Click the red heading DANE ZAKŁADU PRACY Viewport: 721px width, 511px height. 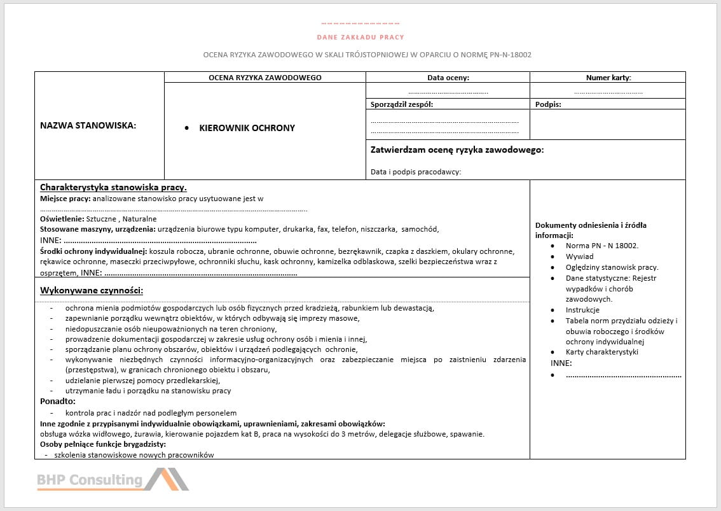pyautogui.click(x=360, y=38)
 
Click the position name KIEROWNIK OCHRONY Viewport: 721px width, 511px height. pyautogui.click(x=247, y=128)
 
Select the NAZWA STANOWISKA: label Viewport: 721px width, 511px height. pyautogui.click(x=88, y=125)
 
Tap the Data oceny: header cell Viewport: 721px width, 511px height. pyautogui.click(x=448, y=78)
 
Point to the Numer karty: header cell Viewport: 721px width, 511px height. pyautogui.click(x=608, y=78)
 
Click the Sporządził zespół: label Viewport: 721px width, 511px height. pyautogui.click(x=401, y=104)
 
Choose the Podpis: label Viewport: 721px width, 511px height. pyautogui.click(x=548, y=104)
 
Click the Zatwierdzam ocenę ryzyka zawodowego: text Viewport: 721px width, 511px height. pyautogui.click(x=457, y=150)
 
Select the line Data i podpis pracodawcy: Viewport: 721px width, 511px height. pyautogui.click(x=415, y=172)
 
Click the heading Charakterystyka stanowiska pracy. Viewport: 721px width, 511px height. pyautogui.click(x=113, y=188)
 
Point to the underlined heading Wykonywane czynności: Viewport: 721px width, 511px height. pyautogui.click(x=91, y=291)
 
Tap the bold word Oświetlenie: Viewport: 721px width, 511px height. pyautogui.click(x=62, y=219)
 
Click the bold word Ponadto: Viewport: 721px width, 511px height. pyautogui.click(x=58, y=402)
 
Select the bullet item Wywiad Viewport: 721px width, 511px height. pyautogui.click(x=579, y=256)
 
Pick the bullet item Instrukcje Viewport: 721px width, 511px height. pyautogui.click(x=582, y=310)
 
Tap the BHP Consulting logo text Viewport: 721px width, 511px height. pyautogui.click(x=90, y=480)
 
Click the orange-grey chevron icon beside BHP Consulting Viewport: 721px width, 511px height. pyautogui.click(x=167, y=479)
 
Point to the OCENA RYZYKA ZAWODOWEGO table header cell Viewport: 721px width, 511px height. pyautogui.click(x=265, y=78)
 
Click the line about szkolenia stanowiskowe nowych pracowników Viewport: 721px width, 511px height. pyautogui.click(x=134, y=455)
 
